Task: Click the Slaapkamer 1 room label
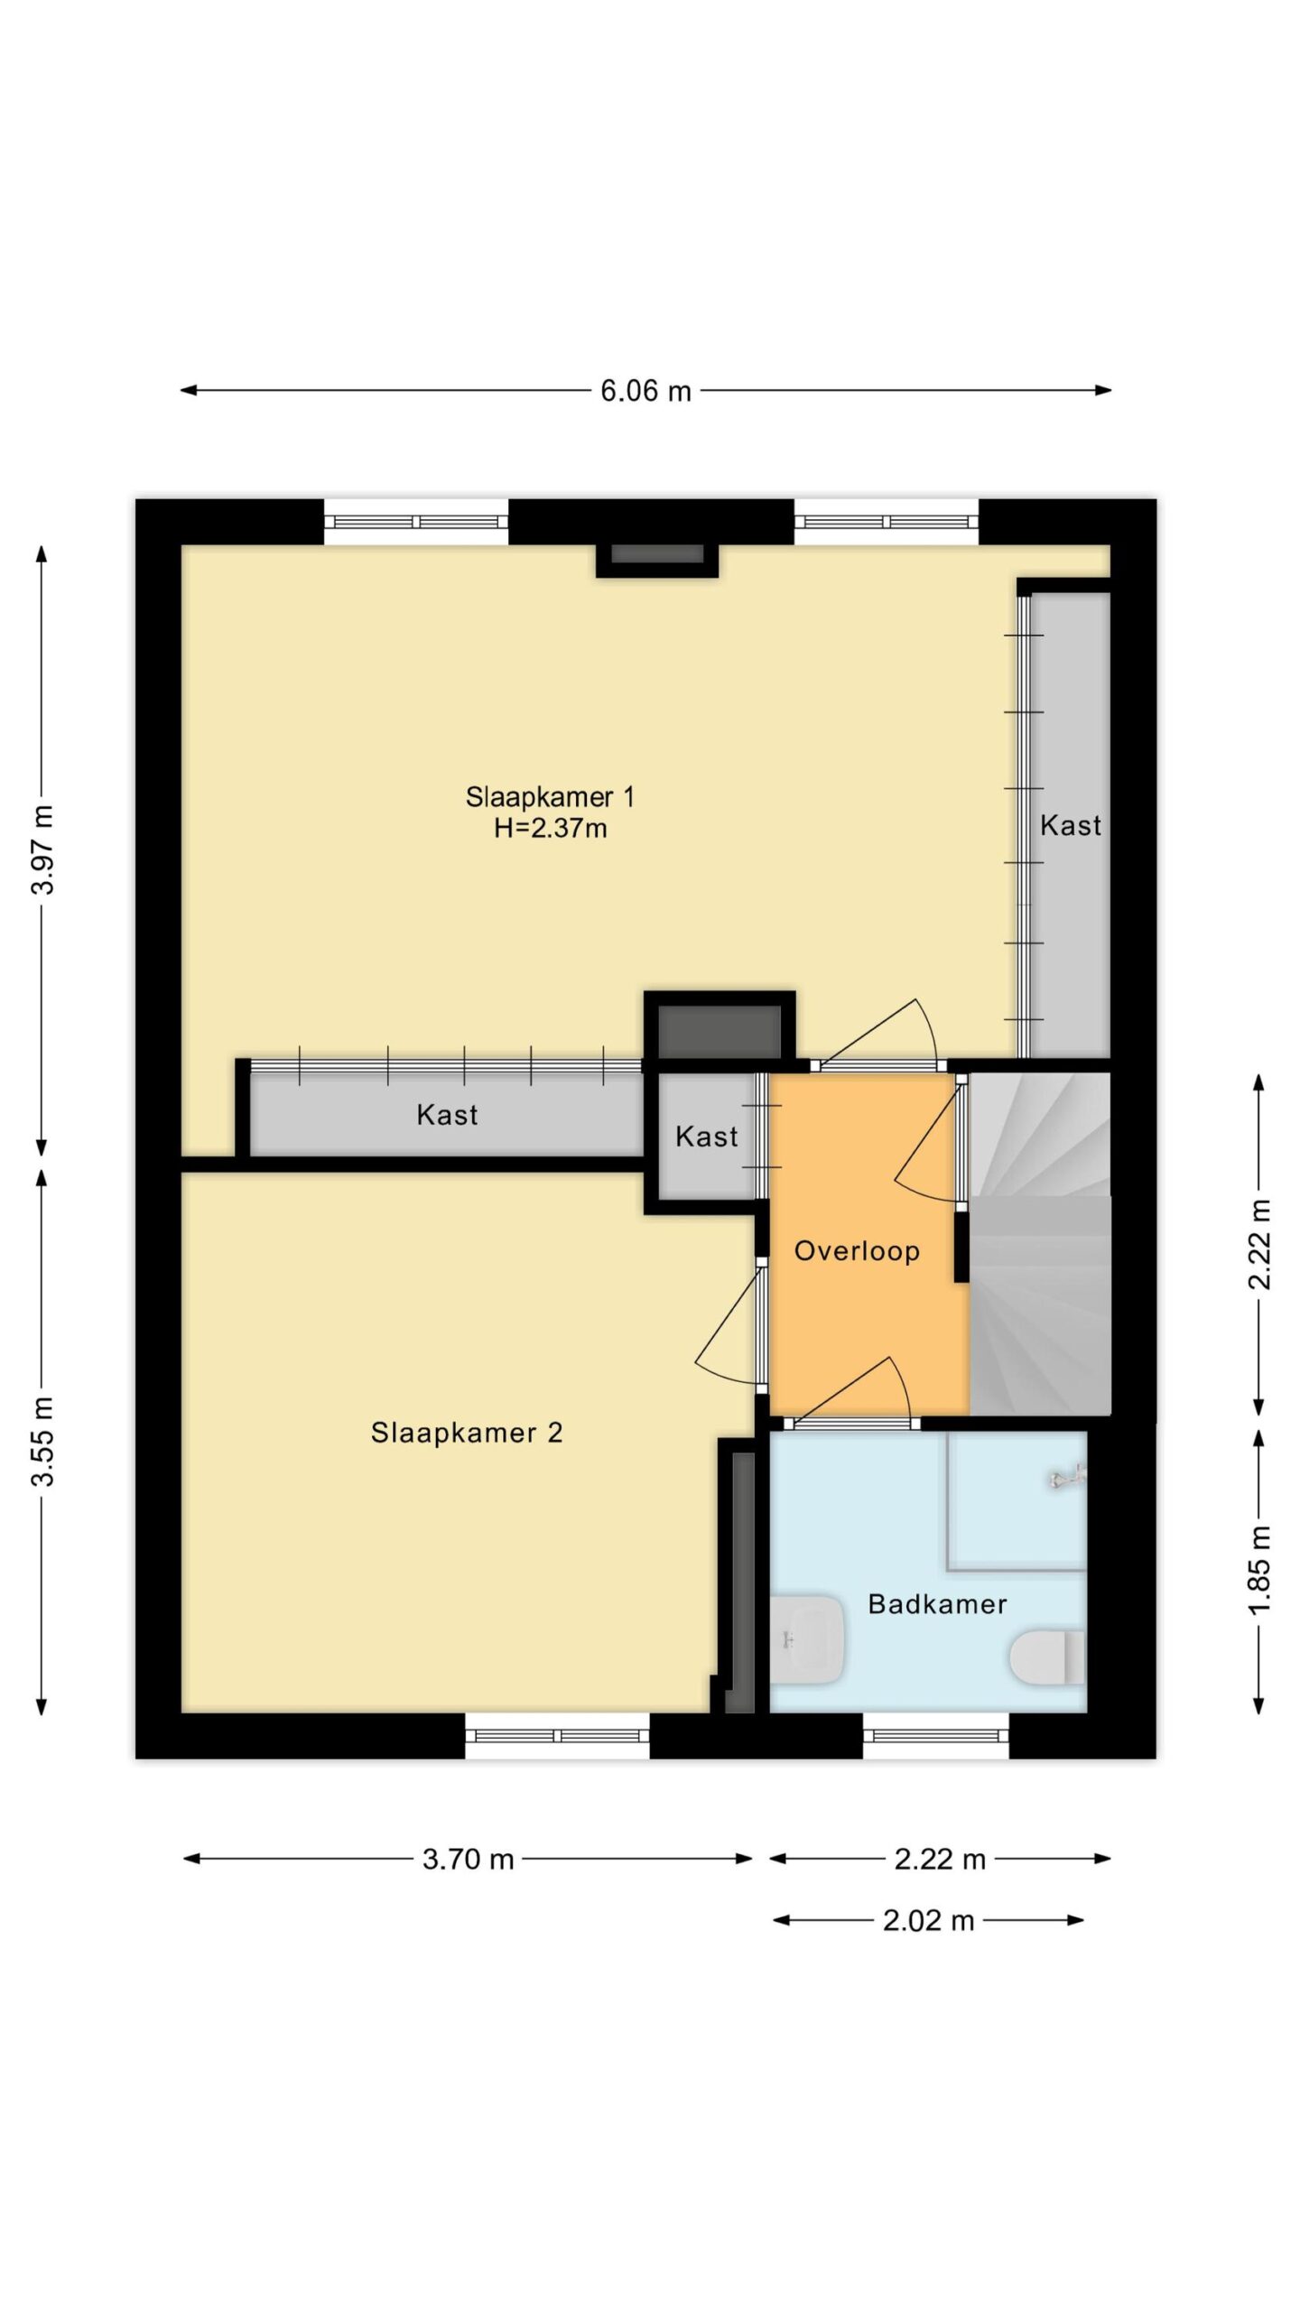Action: (x=550, y=796)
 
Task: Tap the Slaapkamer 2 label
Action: (x=467, y=1432)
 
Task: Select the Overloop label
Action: (x=857, y=1250)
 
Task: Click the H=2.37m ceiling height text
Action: (x=550, y=828)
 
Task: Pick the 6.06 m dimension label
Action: (x=645, y=391)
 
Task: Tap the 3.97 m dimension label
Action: (x=43, y=849)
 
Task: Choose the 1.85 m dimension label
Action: (x=1260, y=1570)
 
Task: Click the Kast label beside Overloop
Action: (x=706, y=1136)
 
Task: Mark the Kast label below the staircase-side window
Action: (x=1071, y=824)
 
